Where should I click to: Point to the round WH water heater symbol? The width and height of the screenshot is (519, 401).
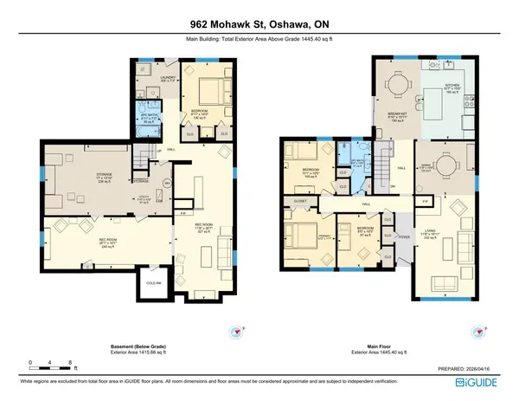(x=168, y=183)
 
